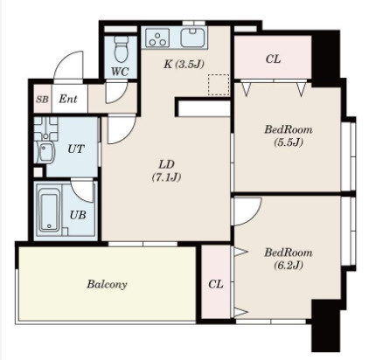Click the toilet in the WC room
click(121, 49)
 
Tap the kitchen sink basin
click(193, 38)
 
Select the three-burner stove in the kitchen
click(157, 38)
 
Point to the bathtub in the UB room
click(50, 209)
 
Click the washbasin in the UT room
click(45, 152)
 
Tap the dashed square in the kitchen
click(219, 85)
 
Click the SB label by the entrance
click(42, 100)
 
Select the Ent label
click(68, 99)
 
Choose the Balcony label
click(107, 284)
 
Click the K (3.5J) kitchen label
click(184, 64)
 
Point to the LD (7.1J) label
click(167, 170)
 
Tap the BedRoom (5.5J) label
click(289, 135)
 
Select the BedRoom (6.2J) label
click(289, 259)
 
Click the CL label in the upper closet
click(273, 59)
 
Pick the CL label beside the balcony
click(216, 284)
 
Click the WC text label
click(120, 72)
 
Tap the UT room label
click(76, 149)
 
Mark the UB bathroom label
click(78, 215)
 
